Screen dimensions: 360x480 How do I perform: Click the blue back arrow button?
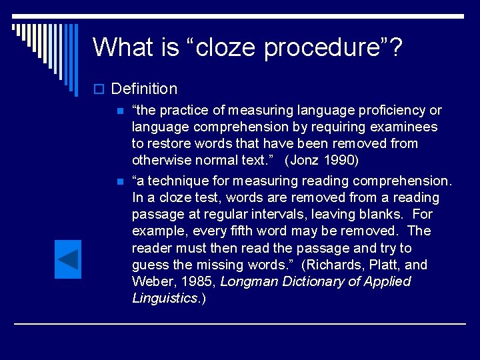[67, 259]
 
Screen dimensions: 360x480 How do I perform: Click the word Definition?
[144, 89]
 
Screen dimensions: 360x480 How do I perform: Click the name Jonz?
[301, 160]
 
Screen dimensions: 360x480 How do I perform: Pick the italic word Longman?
[247, 281]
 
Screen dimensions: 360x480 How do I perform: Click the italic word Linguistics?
[165, 298]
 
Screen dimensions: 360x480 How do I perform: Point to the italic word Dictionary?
[309, 281]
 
